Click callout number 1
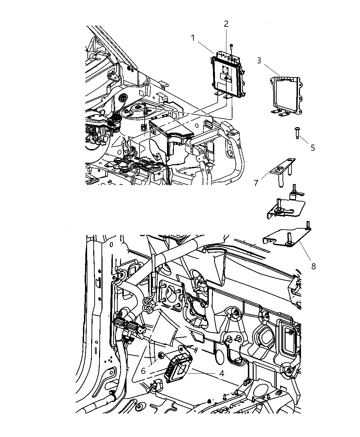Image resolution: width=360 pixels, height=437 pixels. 193,38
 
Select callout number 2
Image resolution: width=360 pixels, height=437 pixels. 226,24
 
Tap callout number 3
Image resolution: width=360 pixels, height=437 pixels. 259,61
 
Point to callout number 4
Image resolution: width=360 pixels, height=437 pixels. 222,373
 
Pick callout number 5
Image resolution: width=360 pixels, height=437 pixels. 312,148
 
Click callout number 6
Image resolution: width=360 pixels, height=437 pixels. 143,371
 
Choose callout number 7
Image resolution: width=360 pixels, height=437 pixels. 256,183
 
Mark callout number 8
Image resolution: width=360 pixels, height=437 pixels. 313,266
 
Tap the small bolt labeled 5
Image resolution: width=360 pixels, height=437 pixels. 297,133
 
